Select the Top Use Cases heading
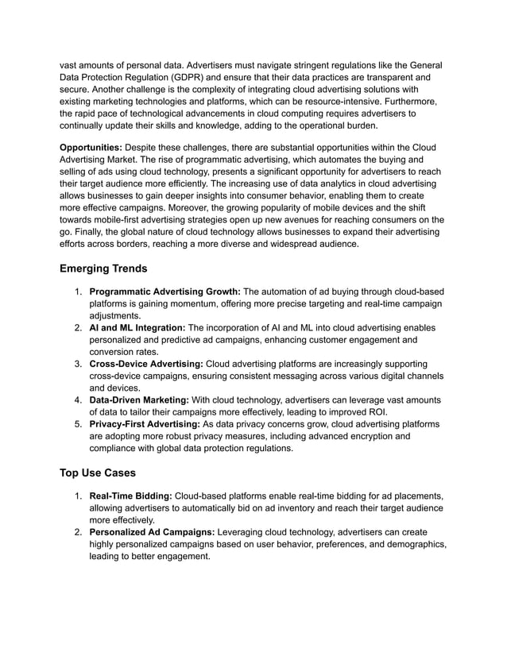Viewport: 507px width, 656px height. (98, 473)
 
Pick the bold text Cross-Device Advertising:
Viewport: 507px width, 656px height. (146, 364)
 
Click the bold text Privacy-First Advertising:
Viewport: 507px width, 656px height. (145, 424)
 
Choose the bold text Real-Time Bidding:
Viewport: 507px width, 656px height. (130, 496)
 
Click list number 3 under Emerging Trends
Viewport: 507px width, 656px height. (79, 364)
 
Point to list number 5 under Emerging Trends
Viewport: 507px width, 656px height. (79, 424)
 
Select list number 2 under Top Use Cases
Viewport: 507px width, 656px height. (79, 532)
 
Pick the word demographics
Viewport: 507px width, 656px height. (412, 545)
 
